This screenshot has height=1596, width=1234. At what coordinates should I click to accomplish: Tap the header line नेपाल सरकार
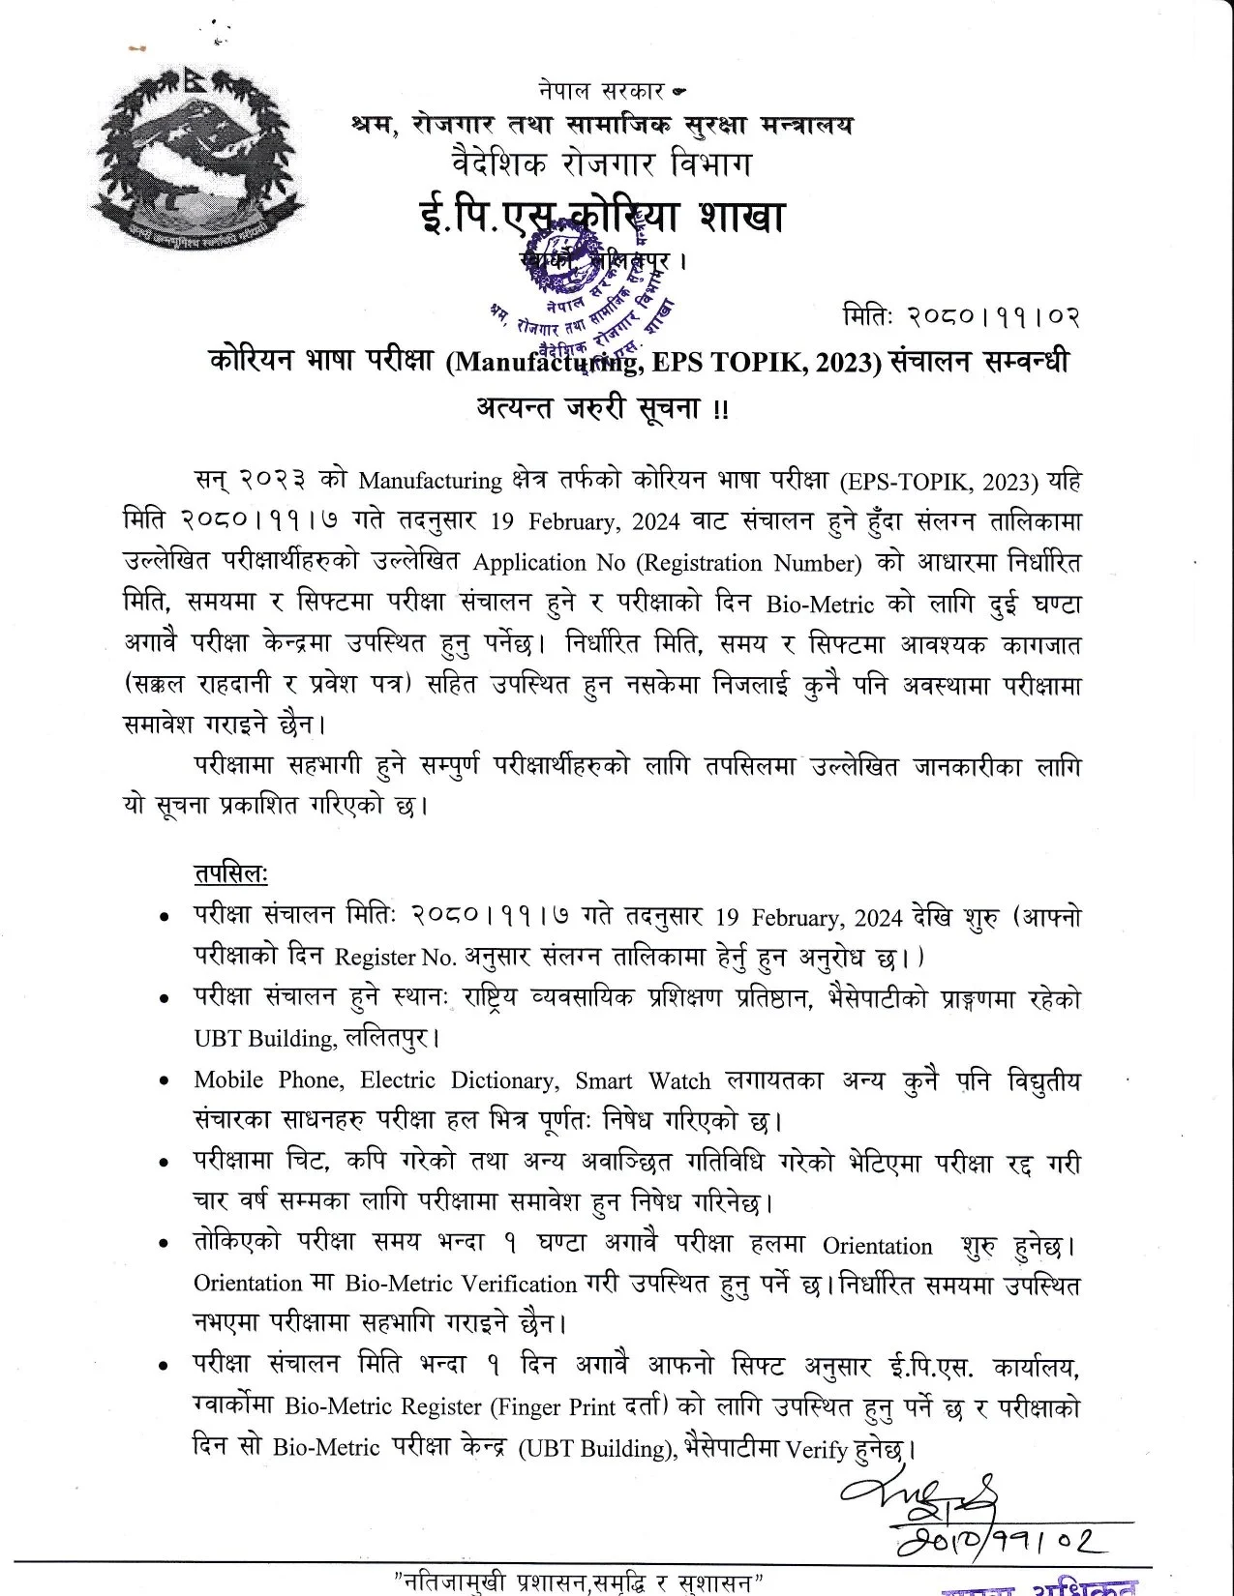pyautogui.click(x=601, y=92)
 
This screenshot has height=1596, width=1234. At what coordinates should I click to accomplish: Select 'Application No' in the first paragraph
pyautogui.click(x=544, y=563)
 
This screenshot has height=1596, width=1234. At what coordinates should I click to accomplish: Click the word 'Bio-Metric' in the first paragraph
pyautogui.click(x=820, y=606)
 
